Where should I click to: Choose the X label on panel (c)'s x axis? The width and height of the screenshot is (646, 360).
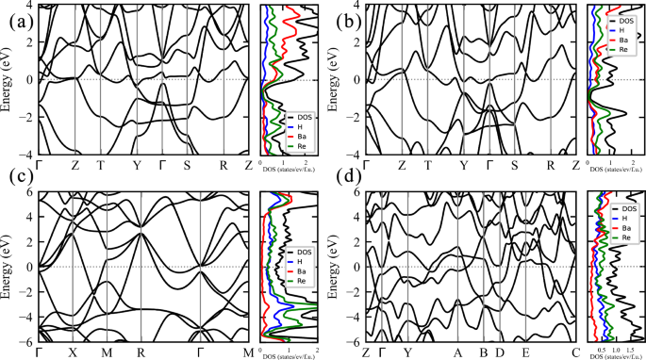pyautogui.click(x=72, y=352)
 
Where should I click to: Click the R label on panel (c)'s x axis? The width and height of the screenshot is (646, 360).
pyautogui.click(x=141, y=352)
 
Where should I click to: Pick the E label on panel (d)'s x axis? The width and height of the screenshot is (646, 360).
pyautogui.click(x=525, y=352)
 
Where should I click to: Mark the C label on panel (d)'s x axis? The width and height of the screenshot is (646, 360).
pyautogui.click(x=575, y=352)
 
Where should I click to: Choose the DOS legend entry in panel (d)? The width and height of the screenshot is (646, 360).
pyautogui.click(x=623, y=207)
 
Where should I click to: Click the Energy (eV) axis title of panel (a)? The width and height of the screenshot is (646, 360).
pyautogui.click(x=8, y=79)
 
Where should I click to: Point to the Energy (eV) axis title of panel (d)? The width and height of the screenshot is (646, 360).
pyautogui.click(x=335, y=268)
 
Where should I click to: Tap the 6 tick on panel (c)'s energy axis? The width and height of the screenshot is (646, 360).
pyautogui.click(x=30, y=193)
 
